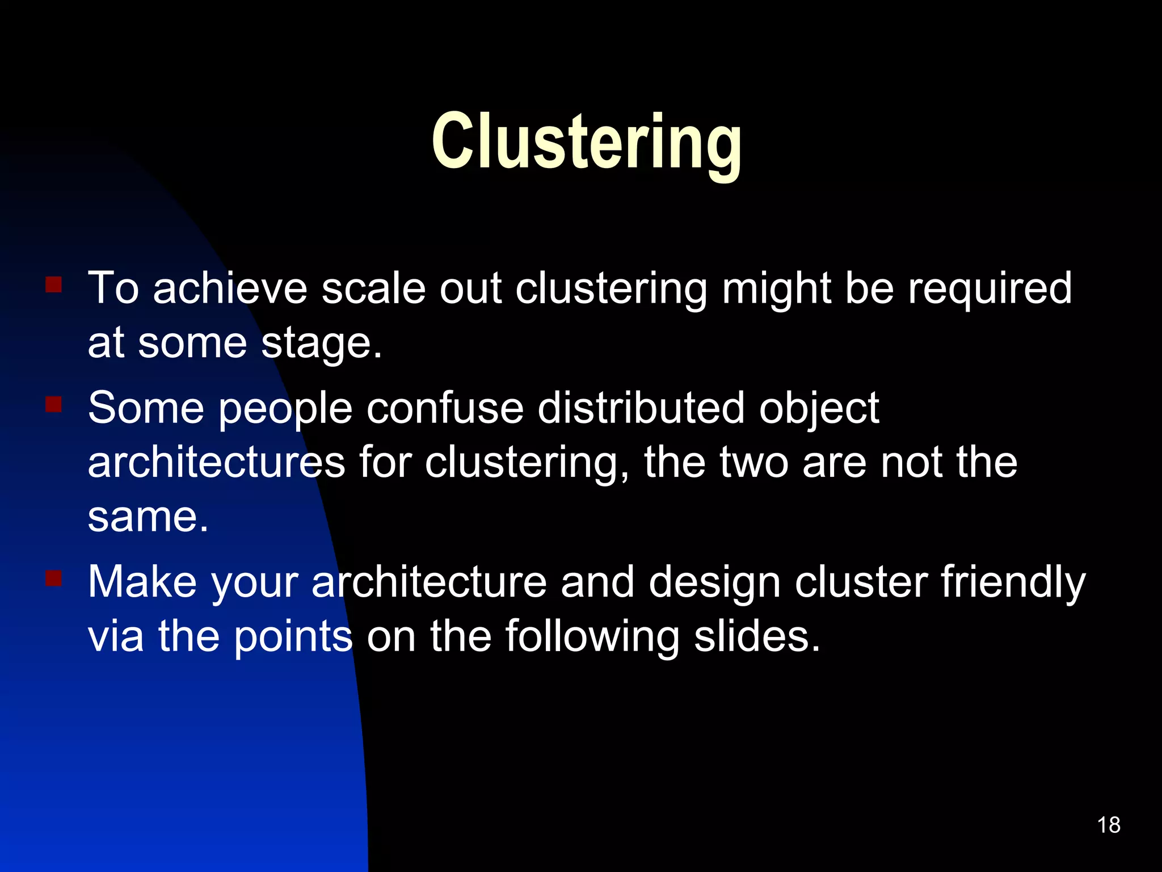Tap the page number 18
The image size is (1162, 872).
pyautogui.click(x=1108, y=825)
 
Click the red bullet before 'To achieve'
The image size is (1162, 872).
pyautogui.click(x=54, y=284)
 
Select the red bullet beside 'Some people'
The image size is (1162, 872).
pyautogui.click(x=54, y=404)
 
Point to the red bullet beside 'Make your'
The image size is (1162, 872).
pyautogui.click(x=54, y=578)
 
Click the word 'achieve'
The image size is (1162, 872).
pyautogui.click(x=230, y=288)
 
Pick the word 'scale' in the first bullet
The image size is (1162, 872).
pyautogui.click(x=373, y=288)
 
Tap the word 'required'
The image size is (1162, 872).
pyautogui.click(x=990, y=288)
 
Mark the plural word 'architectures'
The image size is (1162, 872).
pyautogui.click(x=216, y=462)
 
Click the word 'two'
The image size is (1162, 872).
pyautogui.click(x=754, y=462)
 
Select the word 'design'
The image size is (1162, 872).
pyautogui.click(x=714, y=582)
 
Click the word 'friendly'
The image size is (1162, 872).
pyautogui.click(x=1013, y=582)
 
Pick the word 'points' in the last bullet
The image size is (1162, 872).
pyautogui.click(x=293, y=637)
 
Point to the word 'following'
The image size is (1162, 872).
pyautogui.click(x=592, y=637)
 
